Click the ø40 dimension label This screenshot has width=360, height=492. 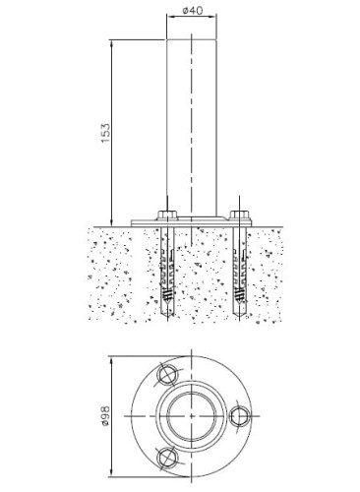coord(193,11)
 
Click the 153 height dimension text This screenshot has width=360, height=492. coord(105,133)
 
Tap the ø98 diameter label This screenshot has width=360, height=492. coord(105,416)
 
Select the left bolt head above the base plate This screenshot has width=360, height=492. coord(167,215)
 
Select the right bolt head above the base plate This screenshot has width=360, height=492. coord(240,215)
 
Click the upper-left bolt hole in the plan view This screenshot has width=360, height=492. coord(168,375)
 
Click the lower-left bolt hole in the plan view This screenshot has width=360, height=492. coord(168,457)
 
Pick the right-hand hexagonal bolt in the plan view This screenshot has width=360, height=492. coord(240,416)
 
